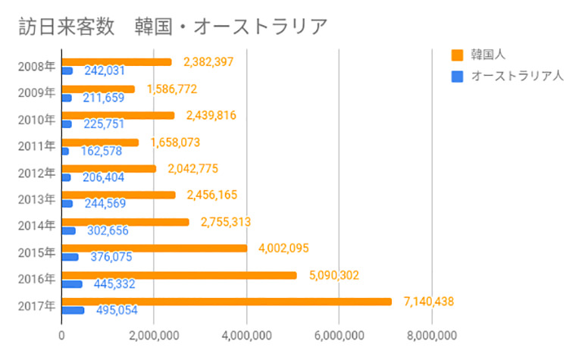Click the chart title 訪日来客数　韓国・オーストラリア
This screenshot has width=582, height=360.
(x=173, y=27)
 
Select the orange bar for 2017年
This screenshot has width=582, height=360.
(x=227, y=302)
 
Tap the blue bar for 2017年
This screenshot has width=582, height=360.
(x=73, y=310)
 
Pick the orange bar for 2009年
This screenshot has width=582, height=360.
(x=99, y=89)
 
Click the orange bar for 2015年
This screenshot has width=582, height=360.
(x=155, y=249)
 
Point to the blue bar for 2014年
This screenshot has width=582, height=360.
(x=69, y=231)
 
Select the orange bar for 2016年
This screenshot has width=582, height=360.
(x=180, y=275)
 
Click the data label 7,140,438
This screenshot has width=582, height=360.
(x=429, y=302)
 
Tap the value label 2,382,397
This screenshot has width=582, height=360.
(x=208, y=61)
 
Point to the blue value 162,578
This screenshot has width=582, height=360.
(x=102, y=151)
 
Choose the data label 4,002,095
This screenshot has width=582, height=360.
(x=283, y=248)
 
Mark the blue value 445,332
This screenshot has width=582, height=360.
(x=114, y=284)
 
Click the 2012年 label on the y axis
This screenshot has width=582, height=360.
(x=36, y=173)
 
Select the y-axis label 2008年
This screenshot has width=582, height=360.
(x=36, y=67)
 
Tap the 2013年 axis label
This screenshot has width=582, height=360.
(x=36, y=199)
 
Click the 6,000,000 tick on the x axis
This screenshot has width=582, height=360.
(x=339, y=336)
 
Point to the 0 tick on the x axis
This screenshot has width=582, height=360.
(x=61, y=336)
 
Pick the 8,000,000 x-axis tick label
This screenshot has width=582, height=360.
(x=432, y=336)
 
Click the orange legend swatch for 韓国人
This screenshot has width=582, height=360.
(x=457, y=55)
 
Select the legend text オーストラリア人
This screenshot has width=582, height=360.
(x=518, y=76)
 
